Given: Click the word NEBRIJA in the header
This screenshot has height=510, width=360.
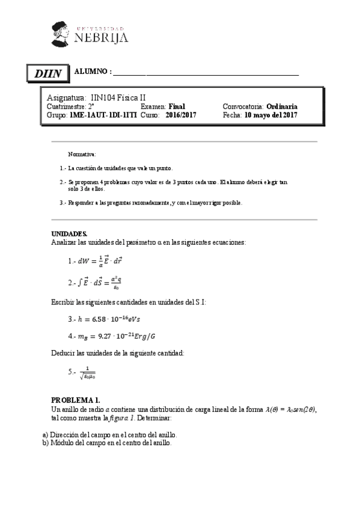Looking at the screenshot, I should pos(102,37).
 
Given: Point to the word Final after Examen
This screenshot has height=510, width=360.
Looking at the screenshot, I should pos(177,106).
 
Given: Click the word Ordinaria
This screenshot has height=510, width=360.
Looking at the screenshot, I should pos(281,106).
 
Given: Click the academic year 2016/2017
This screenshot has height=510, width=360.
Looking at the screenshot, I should pos(181,114).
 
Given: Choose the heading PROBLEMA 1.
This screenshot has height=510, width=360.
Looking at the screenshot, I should pos(75,400).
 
